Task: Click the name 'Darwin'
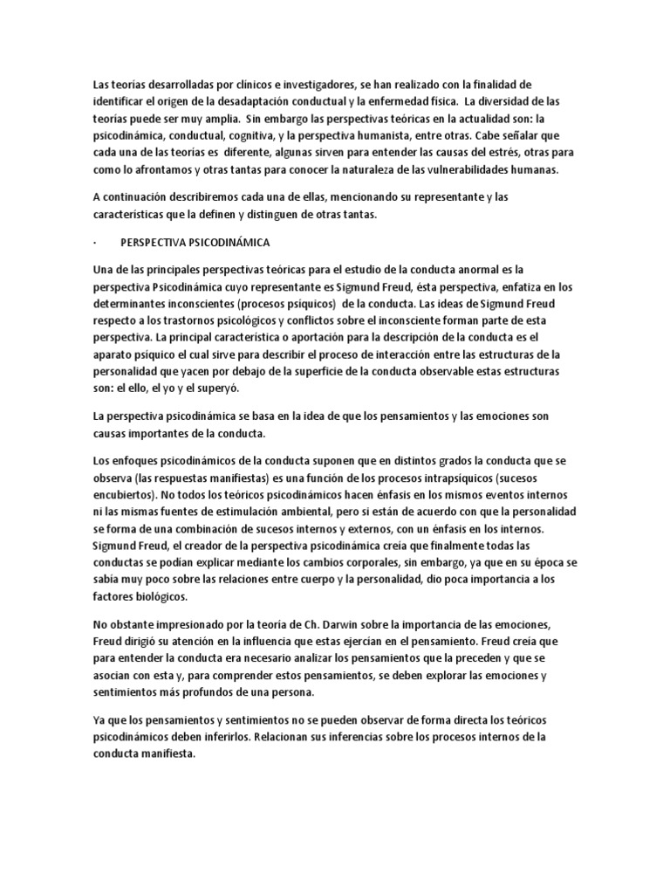pos(297,623)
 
